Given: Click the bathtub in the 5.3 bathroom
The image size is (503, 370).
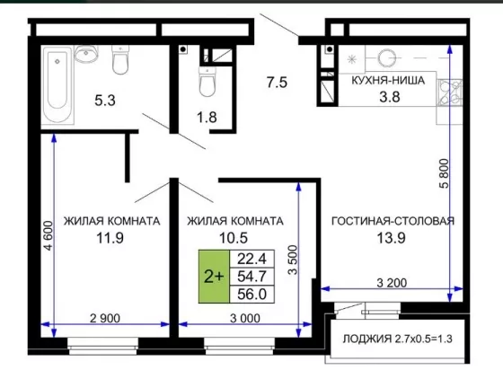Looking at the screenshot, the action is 57,84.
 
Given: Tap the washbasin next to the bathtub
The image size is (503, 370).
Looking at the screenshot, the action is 86,54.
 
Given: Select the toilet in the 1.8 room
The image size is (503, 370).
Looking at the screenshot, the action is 207,82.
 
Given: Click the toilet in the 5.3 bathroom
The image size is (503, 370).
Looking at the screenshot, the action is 120,59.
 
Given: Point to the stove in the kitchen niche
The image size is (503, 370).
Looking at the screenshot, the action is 450,92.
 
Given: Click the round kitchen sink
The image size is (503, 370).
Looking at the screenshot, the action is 386,58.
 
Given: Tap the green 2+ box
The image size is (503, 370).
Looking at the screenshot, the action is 214,277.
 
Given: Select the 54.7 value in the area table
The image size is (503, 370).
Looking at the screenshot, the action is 251,277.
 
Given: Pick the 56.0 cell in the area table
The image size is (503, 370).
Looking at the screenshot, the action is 251,294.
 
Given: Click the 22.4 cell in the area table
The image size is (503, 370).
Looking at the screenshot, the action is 251,259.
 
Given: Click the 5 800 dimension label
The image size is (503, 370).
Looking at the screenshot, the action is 445,173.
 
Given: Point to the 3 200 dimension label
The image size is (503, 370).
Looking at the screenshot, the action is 392,283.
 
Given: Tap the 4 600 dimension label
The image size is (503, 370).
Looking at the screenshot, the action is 49,235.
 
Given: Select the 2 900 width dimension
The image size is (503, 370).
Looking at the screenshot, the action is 105,319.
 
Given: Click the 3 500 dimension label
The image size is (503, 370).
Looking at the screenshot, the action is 293,260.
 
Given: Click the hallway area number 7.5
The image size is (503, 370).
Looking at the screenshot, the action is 277,83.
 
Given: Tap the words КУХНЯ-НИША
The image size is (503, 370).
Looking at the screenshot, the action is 388,80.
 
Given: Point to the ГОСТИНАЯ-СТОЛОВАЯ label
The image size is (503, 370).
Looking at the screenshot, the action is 393,221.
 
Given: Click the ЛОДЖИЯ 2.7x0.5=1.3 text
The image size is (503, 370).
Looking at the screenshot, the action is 398,339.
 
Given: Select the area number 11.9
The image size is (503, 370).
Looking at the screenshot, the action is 110,238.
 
